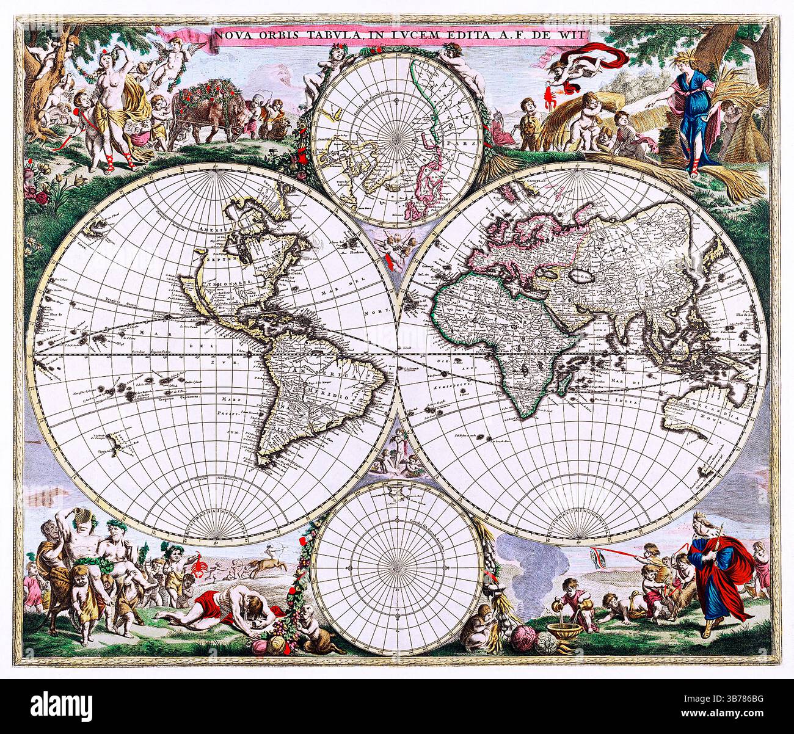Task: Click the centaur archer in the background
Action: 265,564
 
